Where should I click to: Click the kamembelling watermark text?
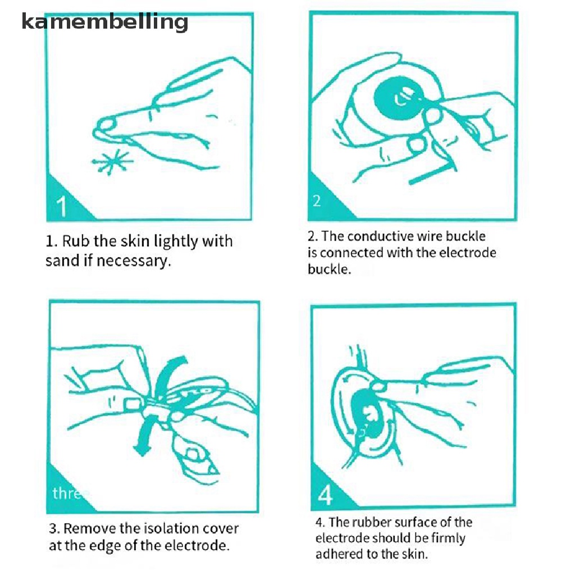pyautogui.click(x=105, y=22)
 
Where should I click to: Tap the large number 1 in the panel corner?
pyautogui.click(x=62, y=207)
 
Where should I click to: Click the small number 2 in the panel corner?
pyautogui.click(x=317, y=201)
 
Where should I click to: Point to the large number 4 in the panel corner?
pyautogui.click(x=325, y=495)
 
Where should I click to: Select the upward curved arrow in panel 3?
pyautogui.click(x=168, y=376)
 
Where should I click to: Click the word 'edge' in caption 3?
pyautogui.click(x=105, y=546)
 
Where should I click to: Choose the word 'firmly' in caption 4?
pyautogui.click(x=448, y=539)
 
